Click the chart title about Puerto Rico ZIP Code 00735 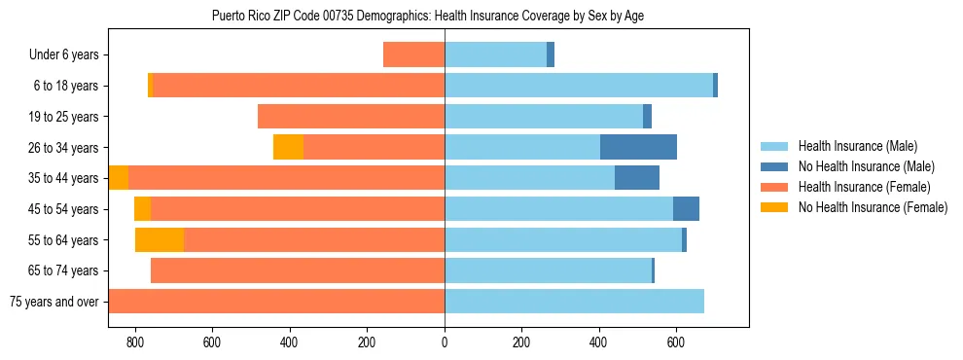coord(428,16)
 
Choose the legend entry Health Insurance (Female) coord(857,187)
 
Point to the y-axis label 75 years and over coord(53,302)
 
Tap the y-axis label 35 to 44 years coord(64,178)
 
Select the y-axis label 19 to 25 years coord(64,117)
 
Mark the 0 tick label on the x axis coord(445,342)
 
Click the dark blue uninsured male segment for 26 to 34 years coord(638,147)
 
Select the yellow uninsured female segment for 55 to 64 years coord(160,239)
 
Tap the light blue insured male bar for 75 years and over coord(574,302)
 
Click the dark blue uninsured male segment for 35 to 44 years coord(637,178)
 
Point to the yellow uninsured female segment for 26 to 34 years coord(288,147)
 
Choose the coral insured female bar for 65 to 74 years coord(298,270)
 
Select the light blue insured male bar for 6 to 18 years coord(579,86)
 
